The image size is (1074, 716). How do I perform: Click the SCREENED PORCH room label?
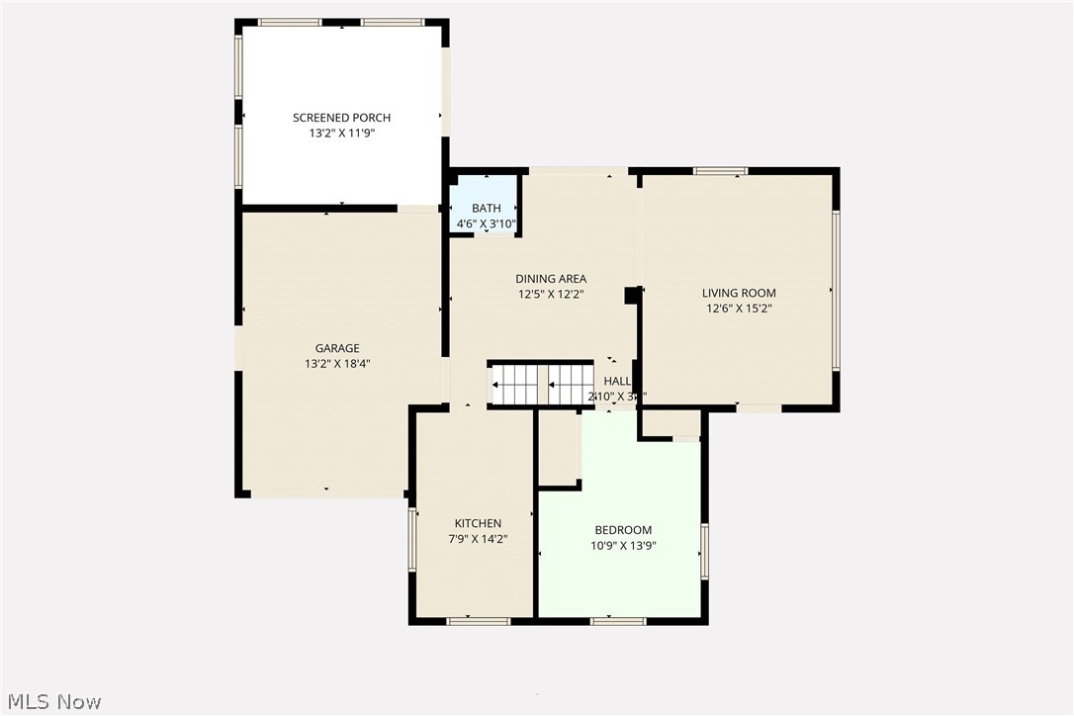pos(341,118)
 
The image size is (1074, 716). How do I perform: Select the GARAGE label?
pos(337,348)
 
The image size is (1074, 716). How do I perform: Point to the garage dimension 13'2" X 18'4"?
pos(337,363)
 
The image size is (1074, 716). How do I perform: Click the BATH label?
pos(486,208)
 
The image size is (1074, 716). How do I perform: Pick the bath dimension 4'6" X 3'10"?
pos(486,224)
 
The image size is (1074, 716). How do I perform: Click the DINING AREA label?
pos(551,279)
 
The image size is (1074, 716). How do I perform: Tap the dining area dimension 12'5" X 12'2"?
pos(551,294)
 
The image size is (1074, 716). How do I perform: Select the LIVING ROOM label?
pos(739,293)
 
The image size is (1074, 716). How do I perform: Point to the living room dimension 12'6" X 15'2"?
pos(739,308)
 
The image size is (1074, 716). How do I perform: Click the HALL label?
pos(617,381)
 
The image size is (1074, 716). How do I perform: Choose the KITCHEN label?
pos(478,523)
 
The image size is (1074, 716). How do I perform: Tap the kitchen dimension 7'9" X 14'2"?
pos(478,539)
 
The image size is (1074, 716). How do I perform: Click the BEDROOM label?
pos(623,530)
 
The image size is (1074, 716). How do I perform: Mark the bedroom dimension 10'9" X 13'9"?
pos(623,545)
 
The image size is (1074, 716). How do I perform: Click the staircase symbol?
pos(542,385)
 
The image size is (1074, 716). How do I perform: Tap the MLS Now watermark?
pos(51,701)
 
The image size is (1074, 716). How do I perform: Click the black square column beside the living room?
pos(631,295)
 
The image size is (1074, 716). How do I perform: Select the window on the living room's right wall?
pos(835,291)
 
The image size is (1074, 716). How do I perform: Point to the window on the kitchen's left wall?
pos(413,540)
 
